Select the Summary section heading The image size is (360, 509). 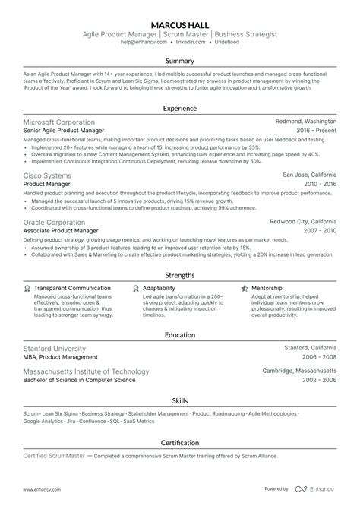(x=179, y=61)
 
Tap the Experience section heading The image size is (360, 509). (x=179, y=109)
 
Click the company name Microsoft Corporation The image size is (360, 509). (x=59, y=122)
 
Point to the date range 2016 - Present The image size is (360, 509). (x=314, y=131)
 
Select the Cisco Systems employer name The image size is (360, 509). (x=49, y=175)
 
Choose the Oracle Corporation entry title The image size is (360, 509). (x=56, y=222)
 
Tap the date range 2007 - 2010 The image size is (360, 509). (x=318, y=231)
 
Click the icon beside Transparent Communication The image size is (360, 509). (x=27, y=289)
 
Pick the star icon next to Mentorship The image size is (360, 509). (x=245, y=289)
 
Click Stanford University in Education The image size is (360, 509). (x=54, y=348)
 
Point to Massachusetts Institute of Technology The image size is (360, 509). (x=86, y=371)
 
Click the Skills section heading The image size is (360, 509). (x=179, y=400)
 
